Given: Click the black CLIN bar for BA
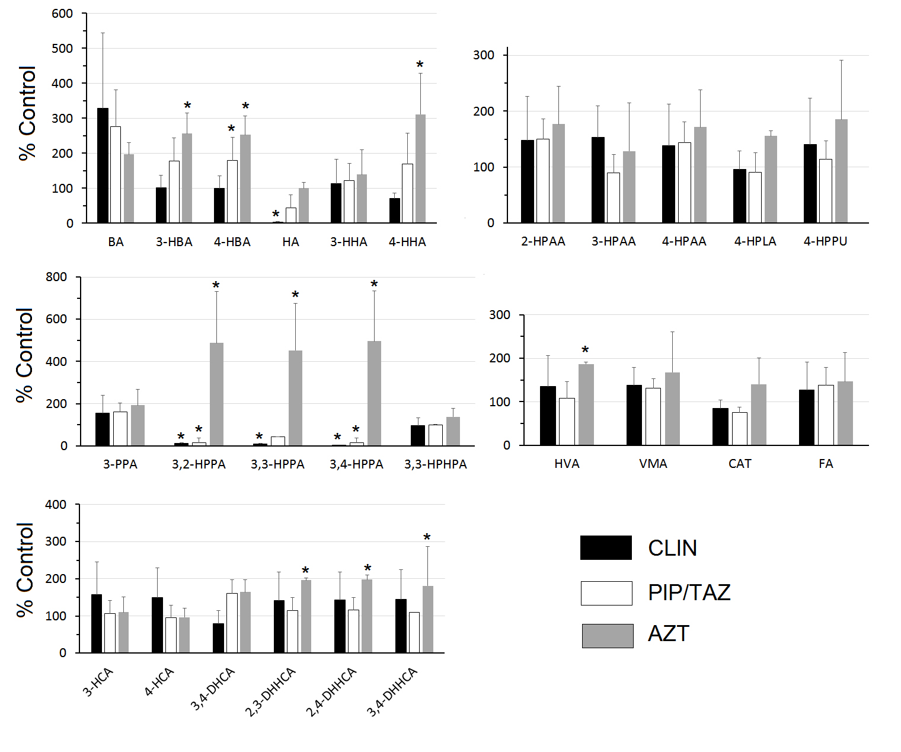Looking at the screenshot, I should [x=103, y=165].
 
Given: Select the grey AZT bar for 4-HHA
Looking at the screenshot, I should [x=420, y=169].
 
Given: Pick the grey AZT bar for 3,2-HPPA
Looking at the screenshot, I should [x=216, y=394].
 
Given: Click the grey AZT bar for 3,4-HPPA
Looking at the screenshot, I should [x=374, y=393].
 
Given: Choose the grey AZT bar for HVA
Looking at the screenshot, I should [x=586, y=404].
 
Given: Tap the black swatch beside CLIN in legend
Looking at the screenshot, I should [x=606, y=547].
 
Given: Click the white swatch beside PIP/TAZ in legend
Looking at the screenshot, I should [x=606, y=592].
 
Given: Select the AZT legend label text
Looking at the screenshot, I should [x=669, y=634].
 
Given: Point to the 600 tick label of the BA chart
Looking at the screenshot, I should [x=62, y=14].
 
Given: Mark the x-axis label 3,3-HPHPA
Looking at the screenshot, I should [x=436, y=464].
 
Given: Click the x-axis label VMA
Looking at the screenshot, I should [x=653, y=464].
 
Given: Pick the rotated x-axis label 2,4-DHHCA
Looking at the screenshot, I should [x=331, y=692].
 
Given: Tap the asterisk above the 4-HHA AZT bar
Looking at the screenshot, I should [x=420, y=65].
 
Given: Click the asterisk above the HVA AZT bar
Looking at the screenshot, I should [x=585, y=350].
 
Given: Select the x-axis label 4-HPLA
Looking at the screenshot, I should [x=755, y=241].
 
